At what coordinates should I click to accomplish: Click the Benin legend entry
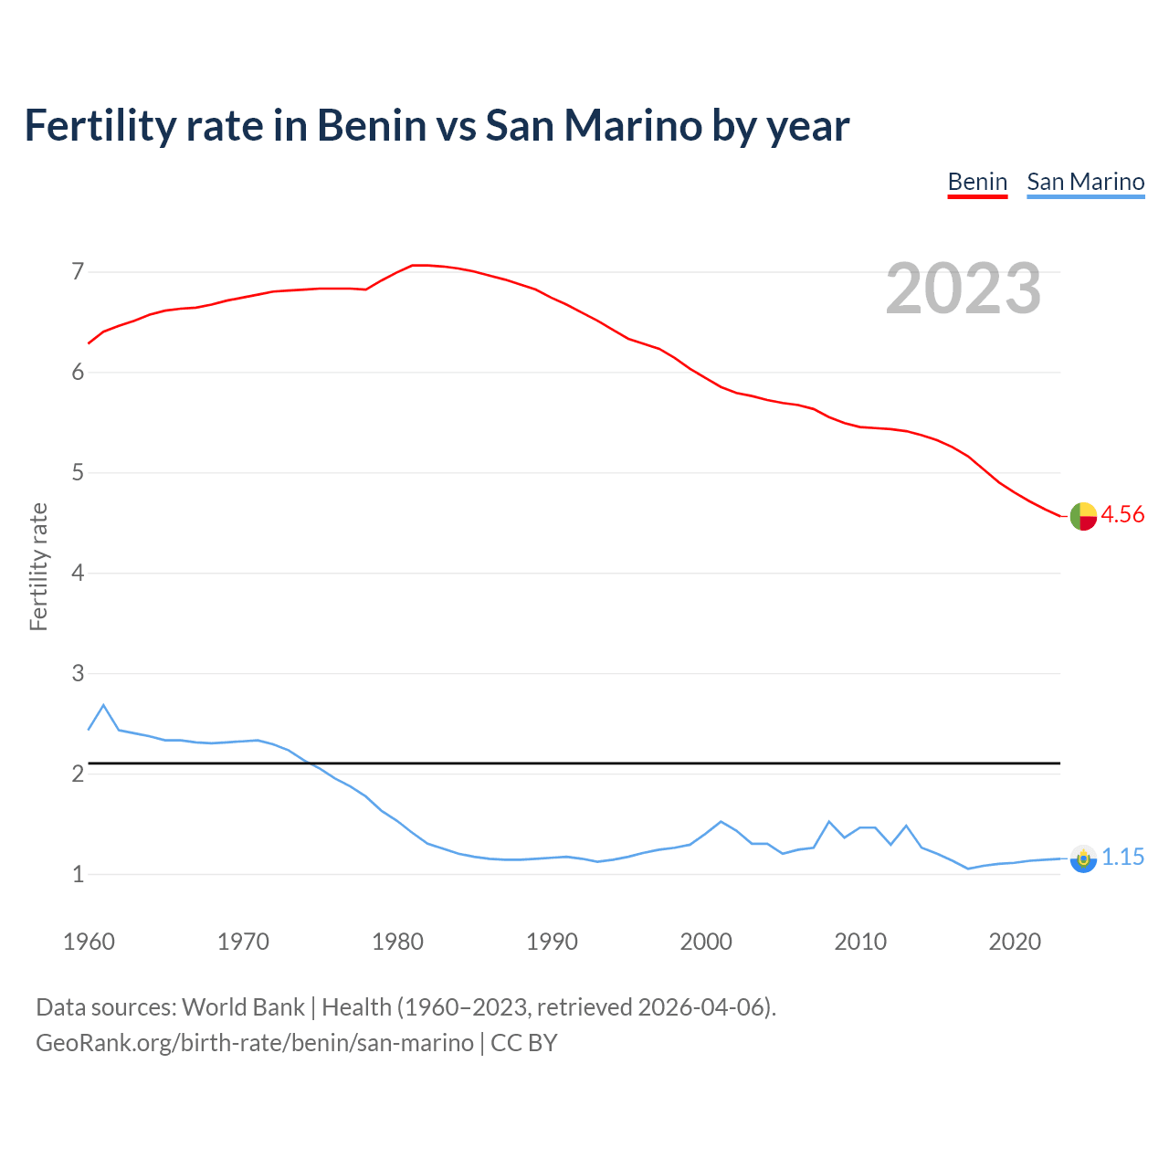[x=977, y=182]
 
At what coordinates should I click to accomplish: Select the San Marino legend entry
[x=1085, y=182]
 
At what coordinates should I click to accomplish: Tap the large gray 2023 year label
[x=963, y=289]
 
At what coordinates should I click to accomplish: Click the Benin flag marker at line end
[x=1083, y=516]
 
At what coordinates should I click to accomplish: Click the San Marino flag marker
[x=1083, y=858]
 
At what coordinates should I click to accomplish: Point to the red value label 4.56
[x=1122, y=515]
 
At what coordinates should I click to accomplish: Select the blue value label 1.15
[x=1122, y=858]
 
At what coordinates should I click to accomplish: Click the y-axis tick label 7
[x=78, y=272]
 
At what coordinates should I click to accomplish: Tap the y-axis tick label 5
[x=78, y=473]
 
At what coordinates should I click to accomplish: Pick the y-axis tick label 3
[x=78, y=674]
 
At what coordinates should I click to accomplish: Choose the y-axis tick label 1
[x=78, y=875]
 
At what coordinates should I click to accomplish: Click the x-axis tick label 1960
[x=89, y=942]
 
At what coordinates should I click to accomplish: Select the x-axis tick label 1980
[x=397, y=942]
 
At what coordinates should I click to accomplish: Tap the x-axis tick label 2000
[x=706, y=942]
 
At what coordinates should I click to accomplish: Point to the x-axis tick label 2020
[x=1015, y=942]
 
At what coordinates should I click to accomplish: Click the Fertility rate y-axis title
[x=38, y=567]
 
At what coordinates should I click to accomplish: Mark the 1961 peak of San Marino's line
[x=103, y=705]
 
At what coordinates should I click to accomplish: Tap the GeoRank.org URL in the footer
[x=255, y=1043]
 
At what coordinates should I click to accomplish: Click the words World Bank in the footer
[x=243, y=1007]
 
